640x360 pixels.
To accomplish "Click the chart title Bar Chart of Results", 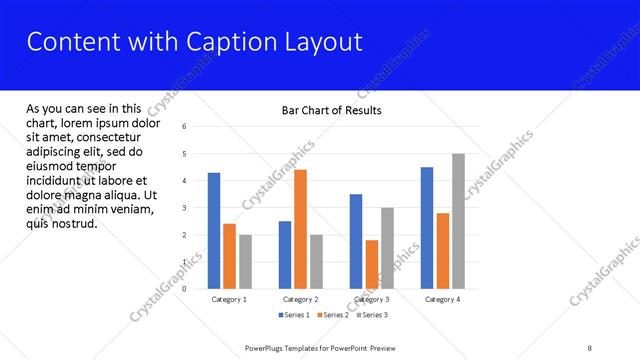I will [x=331, y=110].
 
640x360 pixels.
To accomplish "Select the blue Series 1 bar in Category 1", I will [x=214, y=231].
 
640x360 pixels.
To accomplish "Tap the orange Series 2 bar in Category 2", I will [x=300, y=229].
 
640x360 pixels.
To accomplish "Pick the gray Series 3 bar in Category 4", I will [x=458, y=221].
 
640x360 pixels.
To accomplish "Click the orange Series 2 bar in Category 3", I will [x=371, y=264].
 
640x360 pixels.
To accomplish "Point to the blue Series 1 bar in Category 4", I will [x=427, y=228].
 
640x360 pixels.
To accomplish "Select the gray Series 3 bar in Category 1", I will [x=245, y=261].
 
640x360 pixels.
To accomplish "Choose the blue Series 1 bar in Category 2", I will [x=285, y=255].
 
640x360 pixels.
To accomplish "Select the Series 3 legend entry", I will [x=371, y=315].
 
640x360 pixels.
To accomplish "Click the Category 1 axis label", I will [x=230, y=299].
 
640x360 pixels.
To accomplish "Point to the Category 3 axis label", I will [x=371, y=299].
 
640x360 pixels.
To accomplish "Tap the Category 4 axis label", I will [x=442, y=299].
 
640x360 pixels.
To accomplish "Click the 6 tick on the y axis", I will [x=184, y=127].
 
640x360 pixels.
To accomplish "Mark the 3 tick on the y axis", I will [x=184, y=208].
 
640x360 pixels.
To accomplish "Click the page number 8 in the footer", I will [x=590, y=347].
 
